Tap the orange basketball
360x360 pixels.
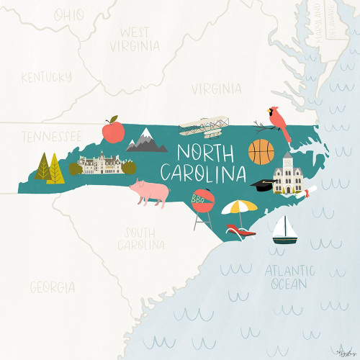coord(261,152)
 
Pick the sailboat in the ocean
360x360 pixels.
coord(285,230)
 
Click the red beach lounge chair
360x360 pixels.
coord(240,230)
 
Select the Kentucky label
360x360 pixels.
coord(47,77)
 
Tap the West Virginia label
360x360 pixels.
coord(135,39)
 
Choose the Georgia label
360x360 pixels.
coord(52,287)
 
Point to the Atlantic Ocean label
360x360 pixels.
coord(289,276)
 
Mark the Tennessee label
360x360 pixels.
coord(50,136)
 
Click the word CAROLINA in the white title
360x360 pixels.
coord(202,174)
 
